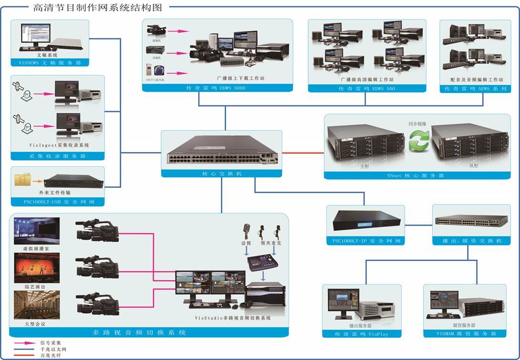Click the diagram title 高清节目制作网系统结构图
pyautogui.click(x=98, y=7)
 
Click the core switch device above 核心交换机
pyautogui.click(x=221, y=151)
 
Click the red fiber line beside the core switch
pyautogui.click(x=302, y=153)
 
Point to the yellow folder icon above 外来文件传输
pyautogui.click(x=22, y=180)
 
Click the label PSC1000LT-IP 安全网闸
pyautogui.click(x=365, y=241)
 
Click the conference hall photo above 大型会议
pyautogui.click(x=37, y=305)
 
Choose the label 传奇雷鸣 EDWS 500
pyautogui.click(x=367, y=89)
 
